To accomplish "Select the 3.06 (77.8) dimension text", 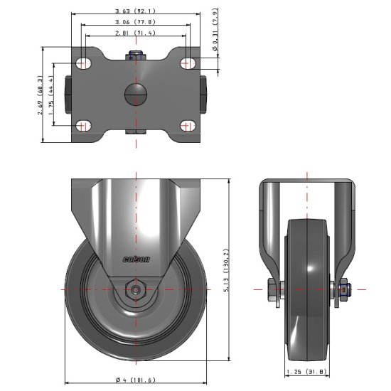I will (136, 22).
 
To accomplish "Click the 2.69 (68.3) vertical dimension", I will (41, 94).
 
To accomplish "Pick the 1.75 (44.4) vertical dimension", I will (53, 94).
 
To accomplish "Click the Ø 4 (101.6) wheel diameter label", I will (135, 380).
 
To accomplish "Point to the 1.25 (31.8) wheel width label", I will (306, 371).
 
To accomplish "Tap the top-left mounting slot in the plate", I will (84, 63).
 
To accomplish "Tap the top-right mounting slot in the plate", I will (188, 63).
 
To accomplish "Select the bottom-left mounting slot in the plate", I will (84, 126).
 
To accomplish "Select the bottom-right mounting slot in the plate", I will (188, 126).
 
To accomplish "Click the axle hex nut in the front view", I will (135, 289).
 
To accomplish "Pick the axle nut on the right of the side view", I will (343, 289).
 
